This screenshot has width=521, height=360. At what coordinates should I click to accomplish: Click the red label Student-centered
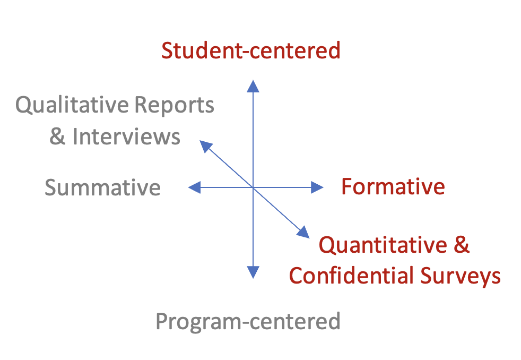[250, 50]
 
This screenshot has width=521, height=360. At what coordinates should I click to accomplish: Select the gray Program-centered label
[248, 321]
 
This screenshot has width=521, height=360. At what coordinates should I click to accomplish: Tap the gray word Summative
[102, 187]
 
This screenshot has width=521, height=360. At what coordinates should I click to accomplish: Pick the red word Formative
[393, 187]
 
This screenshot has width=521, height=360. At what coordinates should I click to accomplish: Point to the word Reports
[175, 106]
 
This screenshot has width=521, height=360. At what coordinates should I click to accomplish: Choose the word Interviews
[126, 136]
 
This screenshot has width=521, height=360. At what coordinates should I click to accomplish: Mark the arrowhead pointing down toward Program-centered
[253, 272]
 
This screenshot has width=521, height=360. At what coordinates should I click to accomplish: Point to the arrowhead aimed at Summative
[195, 187]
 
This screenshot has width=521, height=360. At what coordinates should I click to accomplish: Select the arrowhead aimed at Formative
[317, 187]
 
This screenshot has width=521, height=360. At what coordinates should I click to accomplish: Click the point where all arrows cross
[253, 187]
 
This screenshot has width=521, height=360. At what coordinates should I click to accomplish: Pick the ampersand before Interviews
[57, 136]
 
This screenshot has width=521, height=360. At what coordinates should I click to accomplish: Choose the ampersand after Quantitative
[462, 245]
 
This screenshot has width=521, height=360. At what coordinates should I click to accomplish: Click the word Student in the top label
[204, 50]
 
